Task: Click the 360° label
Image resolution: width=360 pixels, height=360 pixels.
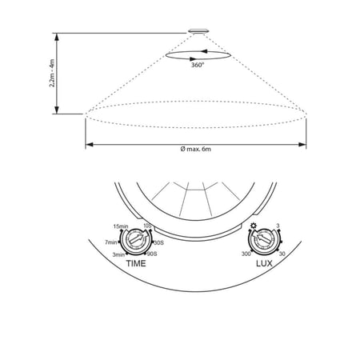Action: coord(198,65)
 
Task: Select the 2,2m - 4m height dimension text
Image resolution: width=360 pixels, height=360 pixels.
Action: coord(52,73)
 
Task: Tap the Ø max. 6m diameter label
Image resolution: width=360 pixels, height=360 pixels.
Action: coord(196,149)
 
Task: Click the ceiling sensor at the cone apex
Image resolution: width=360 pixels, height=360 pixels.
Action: coord(198,31)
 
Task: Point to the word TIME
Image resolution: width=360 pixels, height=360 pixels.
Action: coord(136,263)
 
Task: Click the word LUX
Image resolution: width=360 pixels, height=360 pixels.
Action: coord(264,263)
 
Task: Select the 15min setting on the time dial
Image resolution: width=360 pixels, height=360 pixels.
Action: coord(121,226)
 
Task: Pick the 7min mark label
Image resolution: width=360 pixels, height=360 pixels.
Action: coord(111,242)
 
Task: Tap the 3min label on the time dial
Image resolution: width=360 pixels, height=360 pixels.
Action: coord(118,254)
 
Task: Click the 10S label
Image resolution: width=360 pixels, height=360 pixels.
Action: coord(147,226)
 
